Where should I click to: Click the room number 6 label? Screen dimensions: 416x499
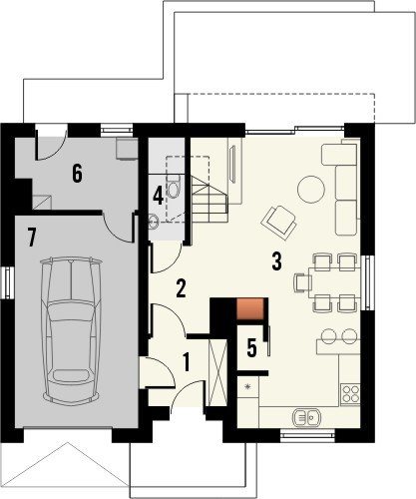(77, 174)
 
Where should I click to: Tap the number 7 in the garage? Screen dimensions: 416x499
(32, 238)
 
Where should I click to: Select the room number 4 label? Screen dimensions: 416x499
(158, 196)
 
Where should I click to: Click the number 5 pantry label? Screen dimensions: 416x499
(251, 348)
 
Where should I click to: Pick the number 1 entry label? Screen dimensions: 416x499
(187, 362)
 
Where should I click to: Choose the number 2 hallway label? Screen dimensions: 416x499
(181, 288)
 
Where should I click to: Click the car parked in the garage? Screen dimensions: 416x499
(71, 330)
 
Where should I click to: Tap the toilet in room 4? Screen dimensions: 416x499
(174, 187)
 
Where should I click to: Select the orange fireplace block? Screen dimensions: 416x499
(249, 309)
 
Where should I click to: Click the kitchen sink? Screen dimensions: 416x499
(306, 417)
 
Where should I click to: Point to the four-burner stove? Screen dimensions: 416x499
(350, 394)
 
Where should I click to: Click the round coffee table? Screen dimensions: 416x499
(311, 190)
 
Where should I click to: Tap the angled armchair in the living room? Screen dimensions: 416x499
(279, 223)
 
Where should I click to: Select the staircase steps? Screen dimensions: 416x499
(209, 200)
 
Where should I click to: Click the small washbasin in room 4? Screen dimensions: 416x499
(154, 222)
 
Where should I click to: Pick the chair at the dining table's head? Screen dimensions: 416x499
(301, 282)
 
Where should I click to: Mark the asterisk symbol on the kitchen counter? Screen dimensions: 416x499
(247, 386)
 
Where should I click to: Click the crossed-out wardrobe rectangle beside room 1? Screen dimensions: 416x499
(217, 372)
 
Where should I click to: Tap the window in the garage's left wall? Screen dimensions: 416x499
(8, 282)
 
